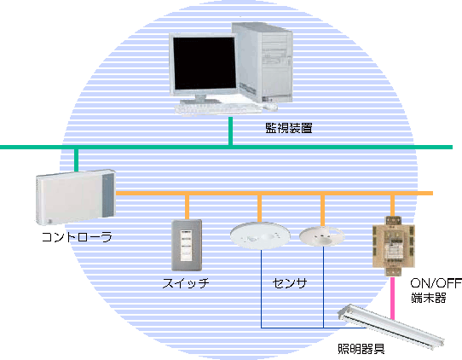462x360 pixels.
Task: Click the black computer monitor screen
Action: click(x=205, y=63)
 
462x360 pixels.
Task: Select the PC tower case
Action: click(x=263, y=62)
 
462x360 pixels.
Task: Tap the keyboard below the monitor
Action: click(x=218, y=108)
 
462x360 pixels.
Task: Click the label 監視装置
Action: click(x=289, y=128)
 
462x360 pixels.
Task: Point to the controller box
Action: click(x=75, y=197)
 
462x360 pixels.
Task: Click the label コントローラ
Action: click(x=77, y=237)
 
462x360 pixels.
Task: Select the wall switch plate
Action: click(x=187, y=245)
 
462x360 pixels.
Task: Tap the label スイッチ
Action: click(x=186, y=283)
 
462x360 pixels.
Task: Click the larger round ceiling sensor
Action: click(x=260, y=235)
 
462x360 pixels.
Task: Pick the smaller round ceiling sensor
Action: click(x=321, y=235)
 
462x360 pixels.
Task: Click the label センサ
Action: click(x=290, y=283)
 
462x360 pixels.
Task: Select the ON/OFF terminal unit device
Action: click(x=394, y=247)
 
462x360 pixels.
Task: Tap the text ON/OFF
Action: click(x=436, y=283)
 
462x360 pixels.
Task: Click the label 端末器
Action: click(x=429, y=298)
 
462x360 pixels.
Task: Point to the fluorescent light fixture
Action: click(x=391, y=326)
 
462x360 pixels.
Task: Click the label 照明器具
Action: click(x=361, y=349)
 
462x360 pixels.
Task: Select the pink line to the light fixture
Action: click(x=392, y=298)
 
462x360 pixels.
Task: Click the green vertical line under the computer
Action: click(x=230, y=131)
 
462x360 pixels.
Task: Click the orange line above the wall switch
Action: click(x=187, y=207)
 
